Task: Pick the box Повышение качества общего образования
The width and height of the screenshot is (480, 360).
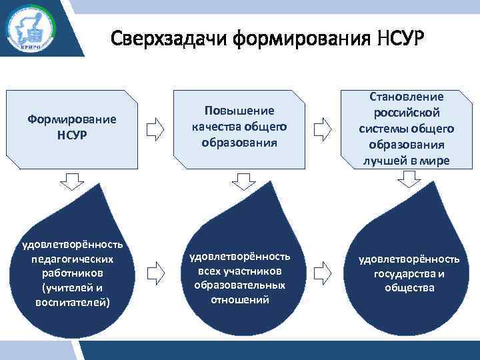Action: pyautogui.click(x=239, y=126)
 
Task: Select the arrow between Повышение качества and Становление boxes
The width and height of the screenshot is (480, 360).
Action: pyautogui.click(x=323, y=128)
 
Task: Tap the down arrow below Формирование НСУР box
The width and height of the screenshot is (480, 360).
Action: pyautogui.click(x=72, y=179)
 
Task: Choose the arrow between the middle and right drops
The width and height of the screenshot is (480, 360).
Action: pyautogui.click(x=323, y=271)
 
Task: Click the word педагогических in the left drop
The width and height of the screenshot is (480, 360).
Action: pyautogui.click(x=72, y=258)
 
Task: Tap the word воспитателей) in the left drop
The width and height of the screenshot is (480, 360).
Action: pyautogui.click(x=72, y=302)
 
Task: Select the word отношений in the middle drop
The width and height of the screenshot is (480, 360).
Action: pyautogui.click(x=239, y=299)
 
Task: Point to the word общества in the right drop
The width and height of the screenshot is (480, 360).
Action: pyautogui.click(x=409, y=287)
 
